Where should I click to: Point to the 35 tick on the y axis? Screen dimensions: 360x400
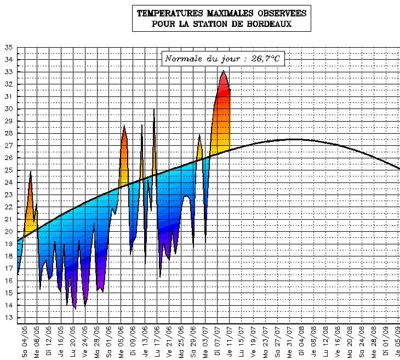click(8, 48)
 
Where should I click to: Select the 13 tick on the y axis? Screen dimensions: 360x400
click(8, 318)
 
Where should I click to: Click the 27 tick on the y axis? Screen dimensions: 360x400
click(8, 146)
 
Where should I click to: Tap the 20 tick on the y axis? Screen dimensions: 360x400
click(8, 232)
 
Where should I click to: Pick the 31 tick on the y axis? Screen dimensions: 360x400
click(8, 96)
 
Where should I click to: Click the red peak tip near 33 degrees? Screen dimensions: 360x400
click(223, 71)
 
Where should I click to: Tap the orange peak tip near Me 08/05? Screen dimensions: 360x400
click(31, 172)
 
